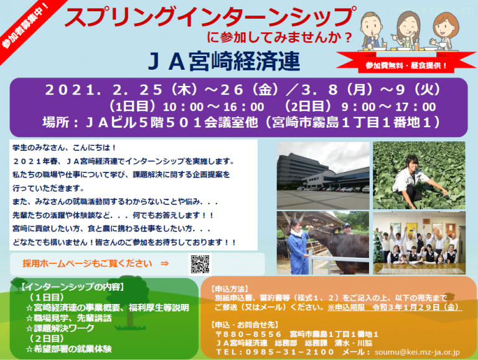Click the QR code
[200, 264]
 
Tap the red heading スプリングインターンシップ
[210, 17]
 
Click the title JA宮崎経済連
[224, 61]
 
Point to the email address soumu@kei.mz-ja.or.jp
[417, 352]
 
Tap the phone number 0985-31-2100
[290, 352]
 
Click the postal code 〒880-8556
[248, 334]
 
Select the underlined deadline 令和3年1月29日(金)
[416, 307]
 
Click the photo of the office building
[323, 176]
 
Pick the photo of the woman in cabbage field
[419, 175]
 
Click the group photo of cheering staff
[419, 243]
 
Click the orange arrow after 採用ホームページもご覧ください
[164, 263]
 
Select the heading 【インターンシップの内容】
[73, 287]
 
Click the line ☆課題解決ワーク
[60, 328]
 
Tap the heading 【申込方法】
[230, 289]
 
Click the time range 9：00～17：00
[388, 107]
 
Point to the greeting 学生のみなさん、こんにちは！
[64, 148]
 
